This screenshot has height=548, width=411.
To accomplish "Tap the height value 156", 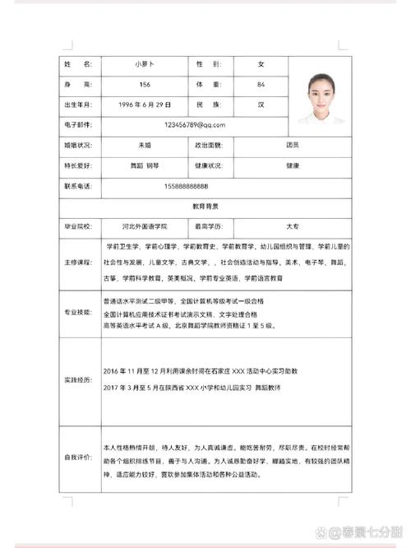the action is pyautogui.click(x=145, y=85).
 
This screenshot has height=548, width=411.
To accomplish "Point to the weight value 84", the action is pyautogui.click(x=261, y=85).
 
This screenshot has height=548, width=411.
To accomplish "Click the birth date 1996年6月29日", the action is pyautogui.click(x=145, y=105).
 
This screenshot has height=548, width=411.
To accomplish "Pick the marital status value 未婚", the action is pyautogui.click(x=145, y=145).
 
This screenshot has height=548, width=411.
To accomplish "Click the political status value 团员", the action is pyautogui.click(x=293, y=145).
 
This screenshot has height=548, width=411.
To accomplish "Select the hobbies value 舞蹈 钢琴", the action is pyautogui.click(x=145, y=165).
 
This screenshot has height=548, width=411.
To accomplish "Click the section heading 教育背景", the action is pyautogui.click(x=205, y=205).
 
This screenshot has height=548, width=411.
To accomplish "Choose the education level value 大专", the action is pyautogui.click(x=293, y=225).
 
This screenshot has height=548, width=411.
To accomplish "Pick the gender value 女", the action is pyautogui.click(x=261, y=64).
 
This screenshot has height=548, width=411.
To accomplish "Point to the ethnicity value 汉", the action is pyautogui.click(x=261, y=105).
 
